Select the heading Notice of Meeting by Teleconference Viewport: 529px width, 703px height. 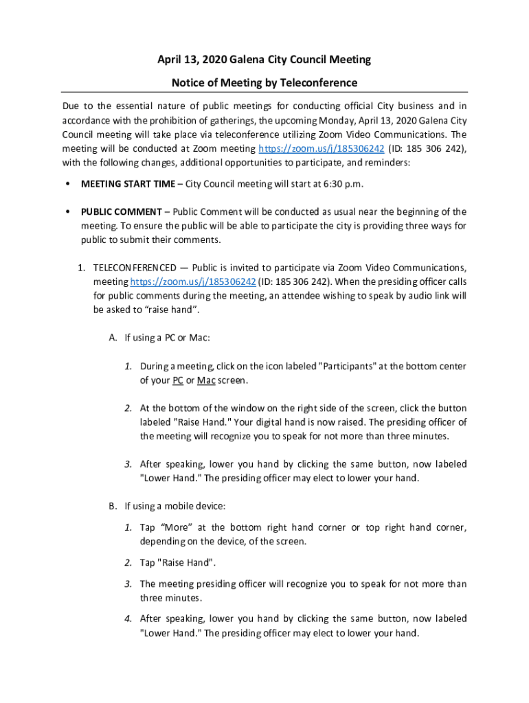tap(264, 83)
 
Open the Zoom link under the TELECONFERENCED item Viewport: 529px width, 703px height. tap(193, 281)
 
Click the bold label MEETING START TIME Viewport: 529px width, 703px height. tap(128, 184)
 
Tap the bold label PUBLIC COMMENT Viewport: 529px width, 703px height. tap(122, 211)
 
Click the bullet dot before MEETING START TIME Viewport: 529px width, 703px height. tap(67, 184)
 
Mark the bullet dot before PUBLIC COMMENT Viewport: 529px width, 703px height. tap(67, 211)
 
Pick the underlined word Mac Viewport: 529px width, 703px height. tap(205, 380)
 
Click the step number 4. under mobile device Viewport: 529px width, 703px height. tap(128, 619)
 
